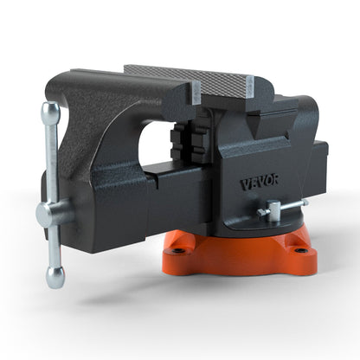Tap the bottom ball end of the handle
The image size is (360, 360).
pos(55,275)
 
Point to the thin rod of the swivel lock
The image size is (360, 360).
pos(294,203)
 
